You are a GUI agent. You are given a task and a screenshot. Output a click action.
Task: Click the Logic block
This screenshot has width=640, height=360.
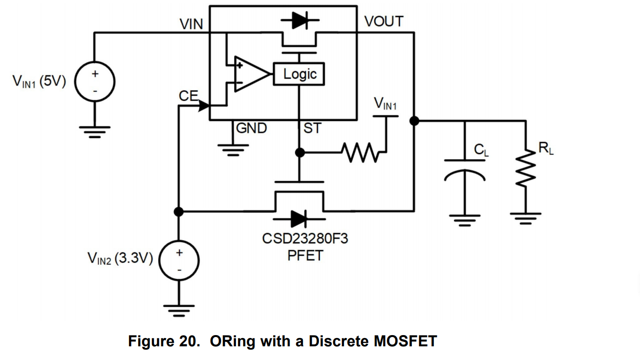(299, 74)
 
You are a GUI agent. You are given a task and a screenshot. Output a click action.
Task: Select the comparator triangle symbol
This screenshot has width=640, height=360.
(250, 74)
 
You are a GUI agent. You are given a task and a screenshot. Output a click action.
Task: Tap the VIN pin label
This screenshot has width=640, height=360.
(191, 24)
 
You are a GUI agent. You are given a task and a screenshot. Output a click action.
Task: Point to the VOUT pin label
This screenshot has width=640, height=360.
(384, 21)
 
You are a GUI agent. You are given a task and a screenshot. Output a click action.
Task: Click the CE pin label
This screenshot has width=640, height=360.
(188, 96)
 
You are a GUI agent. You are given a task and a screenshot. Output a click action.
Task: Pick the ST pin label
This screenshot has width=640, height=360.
(313, 128)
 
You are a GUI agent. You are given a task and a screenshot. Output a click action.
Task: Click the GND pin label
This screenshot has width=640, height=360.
(252, 128)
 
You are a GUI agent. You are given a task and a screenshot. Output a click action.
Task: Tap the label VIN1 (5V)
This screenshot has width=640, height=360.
(39, 81)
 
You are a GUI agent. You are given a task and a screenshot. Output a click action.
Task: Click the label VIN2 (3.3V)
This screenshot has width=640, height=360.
(120, 257)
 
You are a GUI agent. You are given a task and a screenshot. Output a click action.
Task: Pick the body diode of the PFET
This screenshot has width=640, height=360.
(299, 218)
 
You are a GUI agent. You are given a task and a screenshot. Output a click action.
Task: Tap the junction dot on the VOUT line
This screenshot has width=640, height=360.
(414, 121)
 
